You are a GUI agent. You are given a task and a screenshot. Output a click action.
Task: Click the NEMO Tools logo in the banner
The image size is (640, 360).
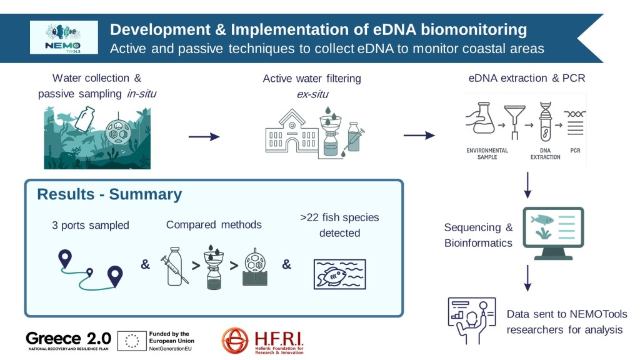(64, 37)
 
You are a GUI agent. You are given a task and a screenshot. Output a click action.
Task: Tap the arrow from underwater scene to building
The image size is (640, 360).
(204, 137)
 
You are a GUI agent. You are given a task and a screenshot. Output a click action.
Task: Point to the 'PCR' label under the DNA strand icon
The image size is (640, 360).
(575, 151)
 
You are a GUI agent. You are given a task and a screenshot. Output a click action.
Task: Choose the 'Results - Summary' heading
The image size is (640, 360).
(109, 194)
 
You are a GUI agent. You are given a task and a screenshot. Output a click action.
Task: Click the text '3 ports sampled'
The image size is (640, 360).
(91, 225)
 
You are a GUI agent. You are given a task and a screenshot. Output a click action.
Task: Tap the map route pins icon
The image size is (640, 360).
(90, 269)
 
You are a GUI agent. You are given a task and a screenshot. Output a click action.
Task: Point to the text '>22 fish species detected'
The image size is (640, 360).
(339, 225)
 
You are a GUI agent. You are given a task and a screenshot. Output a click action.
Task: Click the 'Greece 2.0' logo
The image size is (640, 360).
(68, 339)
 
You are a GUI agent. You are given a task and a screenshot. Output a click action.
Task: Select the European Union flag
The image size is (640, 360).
(131, 341)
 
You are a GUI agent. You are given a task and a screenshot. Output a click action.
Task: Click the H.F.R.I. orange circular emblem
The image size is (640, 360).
(235, 341)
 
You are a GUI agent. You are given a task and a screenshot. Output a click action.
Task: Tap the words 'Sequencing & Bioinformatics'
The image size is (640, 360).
(478, 235)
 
